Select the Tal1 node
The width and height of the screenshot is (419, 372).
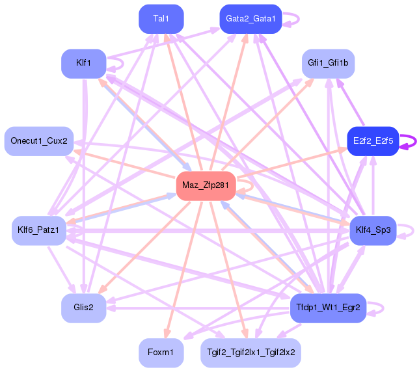pos(161,19)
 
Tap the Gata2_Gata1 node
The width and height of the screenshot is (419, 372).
pos(250,19)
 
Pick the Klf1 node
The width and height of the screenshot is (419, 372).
pos(83,63)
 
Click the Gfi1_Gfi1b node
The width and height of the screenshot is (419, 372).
pos(328,63)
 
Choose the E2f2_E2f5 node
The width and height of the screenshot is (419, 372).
pos(373,141)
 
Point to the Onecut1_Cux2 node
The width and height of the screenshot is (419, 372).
pos(39,141)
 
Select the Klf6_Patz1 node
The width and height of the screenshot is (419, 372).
pos(39,230)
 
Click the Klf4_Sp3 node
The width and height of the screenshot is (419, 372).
pos(373,230)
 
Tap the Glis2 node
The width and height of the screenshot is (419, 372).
pos(83,308)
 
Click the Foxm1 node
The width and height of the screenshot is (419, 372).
pos(161,352)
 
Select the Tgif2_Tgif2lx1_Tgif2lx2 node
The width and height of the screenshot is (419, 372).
pos(250,352)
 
